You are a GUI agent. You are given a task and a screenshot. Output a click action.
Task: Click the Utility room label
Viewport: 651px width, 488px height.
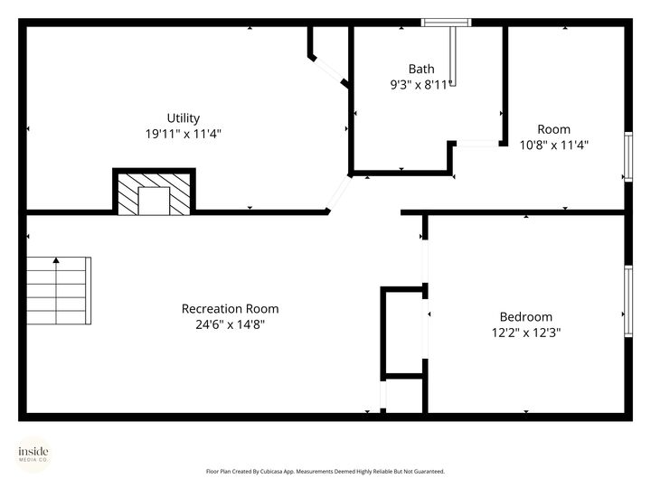pos(184,118)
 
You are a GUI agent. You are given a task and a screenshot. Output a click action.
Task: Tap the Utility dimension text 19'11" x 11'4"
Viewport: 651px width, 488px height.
pos(184,133)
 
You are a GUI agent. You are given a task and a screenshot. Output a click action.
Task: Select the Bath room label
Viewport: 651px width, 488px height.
pos(421,69)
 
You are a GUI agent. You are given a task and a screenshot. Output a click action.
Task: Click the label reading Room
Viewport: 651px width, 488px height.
pos(553,129)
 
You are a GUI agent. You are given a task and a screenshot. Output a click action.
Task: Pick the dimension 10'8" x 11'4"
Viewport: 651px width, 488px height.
pos(553,144)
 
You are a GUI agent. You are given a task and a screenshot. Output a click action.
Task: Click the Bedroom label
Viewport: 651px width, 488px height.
pos(525,317)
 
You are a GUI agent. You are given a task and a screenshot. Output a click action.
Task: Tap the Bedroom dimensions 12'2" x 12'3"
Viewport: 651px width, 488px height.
pos(525,332)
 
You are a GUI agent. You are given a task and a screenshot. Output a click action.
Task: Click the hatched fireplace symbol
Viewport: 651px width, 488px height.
pos(154,192)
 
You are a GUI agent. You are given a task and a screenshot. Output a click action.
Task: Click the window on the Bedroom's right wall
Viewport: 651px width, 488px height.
pos(627,302)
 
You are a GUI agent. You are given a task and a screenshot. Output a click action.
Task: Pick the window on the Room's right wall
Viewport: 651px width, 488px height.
pos(627,157)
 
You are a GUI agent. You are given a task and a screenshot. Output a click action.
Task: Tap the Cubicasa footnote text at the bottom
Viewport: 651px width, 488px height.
pos(325,471)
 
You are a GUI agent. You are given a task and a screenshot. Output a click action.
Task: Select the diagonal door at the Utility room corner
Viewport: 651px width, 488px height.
pos(339,192)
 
